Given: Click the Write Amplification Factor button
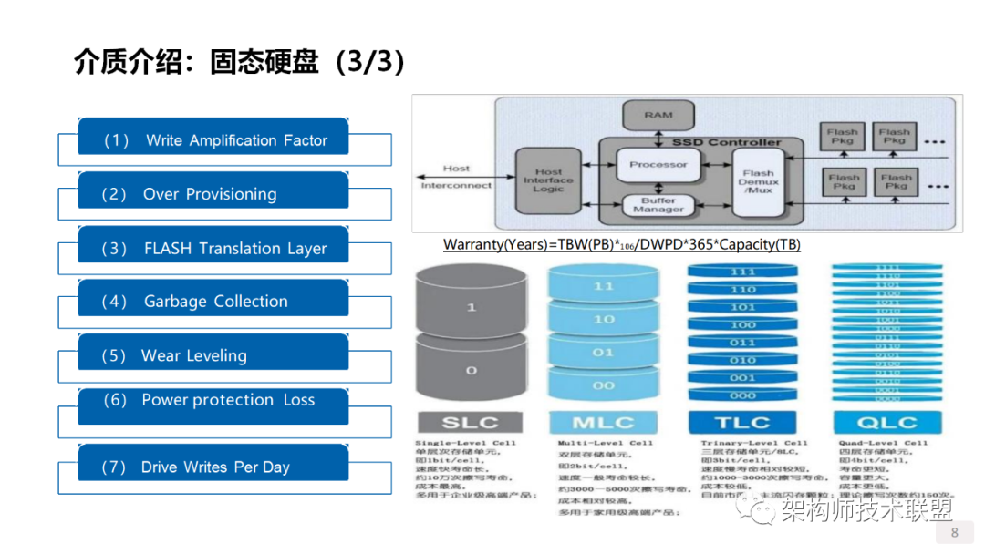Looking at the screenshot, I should click(213, 140).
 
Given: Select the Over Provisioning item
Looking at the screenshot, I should click(213, 194).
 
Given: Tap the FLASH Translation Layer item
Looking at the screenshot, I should click(213, 248).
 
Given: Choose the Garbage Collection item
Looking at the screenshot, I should click(213, 302).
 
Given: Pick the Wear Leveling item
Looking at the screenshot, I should click(213, 355).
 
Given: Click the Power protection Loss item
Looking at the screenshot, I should click(213, 401).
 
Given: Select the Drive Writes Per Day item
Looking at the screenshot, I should click(213, 467).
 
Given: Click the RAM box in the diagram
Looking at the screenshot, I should click(658, 116).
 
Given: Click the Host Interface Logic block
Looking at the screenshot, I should click(548, 180).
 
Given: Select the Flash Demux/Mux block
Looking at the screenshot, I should click(757, 180).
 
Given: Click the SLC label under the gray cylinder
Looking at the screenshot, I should click(471, 423).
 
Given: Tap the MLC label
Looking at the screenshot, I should click(604, 423).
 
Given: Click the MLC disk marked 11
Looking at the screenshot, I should click(604, 287).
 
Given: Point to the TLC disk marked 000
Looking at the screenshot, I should click(742, 395).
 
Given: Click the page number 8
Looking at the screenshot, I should click(955, 533).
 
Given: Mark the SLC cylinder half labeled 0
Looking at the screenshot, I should click(471, 370).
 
